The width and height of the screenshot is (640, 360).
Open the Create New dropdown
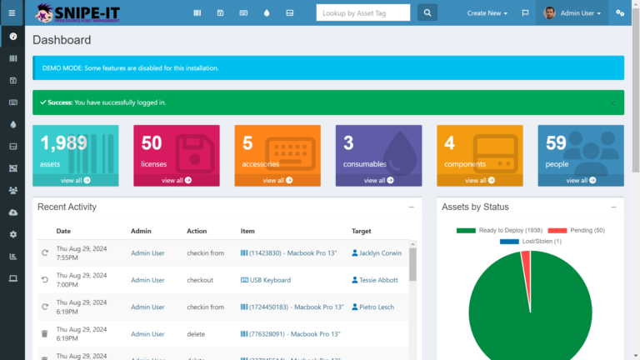click(487, 13)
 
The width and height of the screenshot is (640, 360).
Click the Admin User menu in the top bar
click(574, 13)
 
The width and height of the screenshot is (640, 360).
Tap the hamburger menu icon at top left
click(12, 13)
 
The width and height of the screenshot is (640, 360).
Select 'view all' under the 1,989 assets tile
click(76, 180)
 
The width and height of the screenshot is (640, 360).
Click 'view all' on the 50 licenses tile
click(177, 180)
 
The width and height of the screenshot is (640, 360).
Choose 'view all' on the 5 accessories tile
click(277, 180)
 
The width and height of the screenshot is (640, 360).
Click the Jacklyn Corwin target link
click(378, 252)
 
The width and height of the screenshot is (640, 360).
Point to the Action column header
click(197, 231)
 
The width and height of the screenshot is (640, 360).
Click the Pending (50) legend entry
click(577, 230)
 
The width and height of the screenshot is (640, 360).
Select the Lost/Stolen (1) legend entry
click(531, 241)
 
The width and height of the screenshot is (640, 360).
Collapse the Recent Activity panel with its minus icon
click(411, 207)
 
